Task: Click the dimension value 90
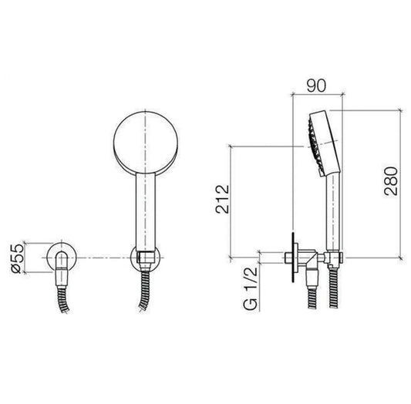pos(316,86)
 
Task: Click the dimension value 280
pos(391,180)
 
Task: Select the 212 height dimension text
pos(223,199)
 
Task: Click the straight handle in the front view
pos(146,211)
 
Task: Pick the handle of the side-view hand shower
pos(333,212)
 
